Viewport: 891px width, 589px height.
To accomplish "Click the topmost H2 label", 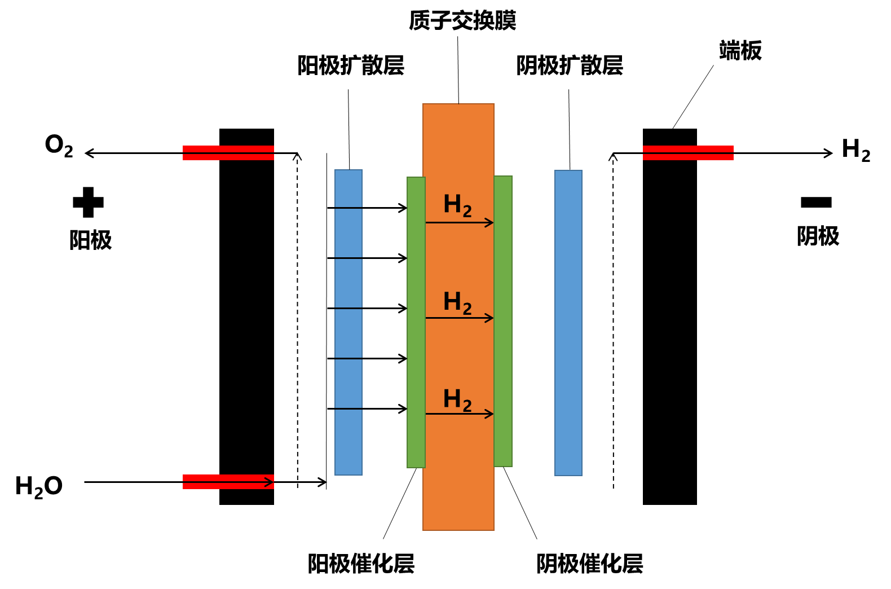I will point(457,205).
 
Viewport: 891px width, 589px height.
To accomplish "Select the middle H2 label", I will point(457,302).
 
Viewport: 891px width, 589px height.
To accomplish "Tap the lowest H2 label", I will point(457,399).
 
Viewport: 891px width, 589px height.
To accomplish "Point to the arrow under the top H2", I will point(459,223).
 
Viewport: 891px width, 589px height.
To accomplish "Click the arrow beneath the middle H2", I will point(459,318).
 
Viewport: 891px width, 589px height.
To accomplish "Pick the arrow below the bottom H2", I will point(459,414).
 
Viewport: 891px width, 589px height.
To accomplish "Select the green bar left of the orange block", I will point(416,322).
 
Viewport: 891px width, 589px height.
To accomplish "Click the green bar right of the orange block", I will point(503,321).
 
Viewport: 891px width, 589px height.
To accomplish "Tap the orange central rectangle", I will point(458,141).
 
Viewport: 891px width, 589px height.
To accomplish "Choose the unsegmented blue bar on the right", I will point(568,323).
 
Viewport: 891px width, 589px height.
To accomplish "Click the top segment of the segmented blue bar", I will point(349,188).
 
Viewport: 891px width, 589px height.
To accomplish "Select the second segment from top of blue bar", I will point(349,233).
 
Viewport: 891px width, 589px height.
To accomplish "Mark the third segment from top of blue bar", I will point(349,283).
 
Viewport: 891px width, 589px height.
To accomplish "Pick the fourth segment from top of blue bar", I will point(349,333).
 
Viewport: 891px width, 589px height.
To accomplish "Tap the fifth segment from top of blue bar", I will point(349,384).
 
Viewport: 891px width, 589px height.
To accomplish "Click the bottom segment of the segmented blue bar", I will point(349,442).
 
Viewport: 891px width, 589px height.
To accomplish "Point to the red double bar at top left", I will point(228,153).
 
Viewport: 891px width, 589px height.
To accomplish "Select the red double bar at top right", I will point(688,153).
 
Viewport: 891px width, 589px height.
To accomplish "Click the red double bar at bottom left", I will point(226,482).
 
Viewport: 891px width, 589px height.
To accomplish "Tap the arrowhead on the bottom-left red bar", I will point(270,482).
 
